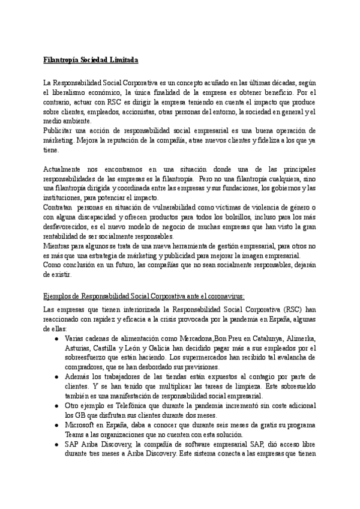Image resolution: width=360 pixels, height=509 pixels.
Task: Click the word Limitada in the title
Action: coord(123,61)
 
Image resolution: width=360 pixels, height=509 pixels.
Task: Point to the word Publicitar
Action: coord(58,130)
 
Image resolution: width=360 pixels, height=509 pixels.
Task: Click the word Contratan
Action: coord(58,207)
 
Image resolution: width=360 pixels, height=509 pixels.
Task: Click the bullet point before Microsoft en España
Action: coord(56,425)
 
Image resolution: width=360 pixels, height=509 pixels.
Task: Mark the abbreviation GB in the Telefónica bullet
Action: coord(78,415)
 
